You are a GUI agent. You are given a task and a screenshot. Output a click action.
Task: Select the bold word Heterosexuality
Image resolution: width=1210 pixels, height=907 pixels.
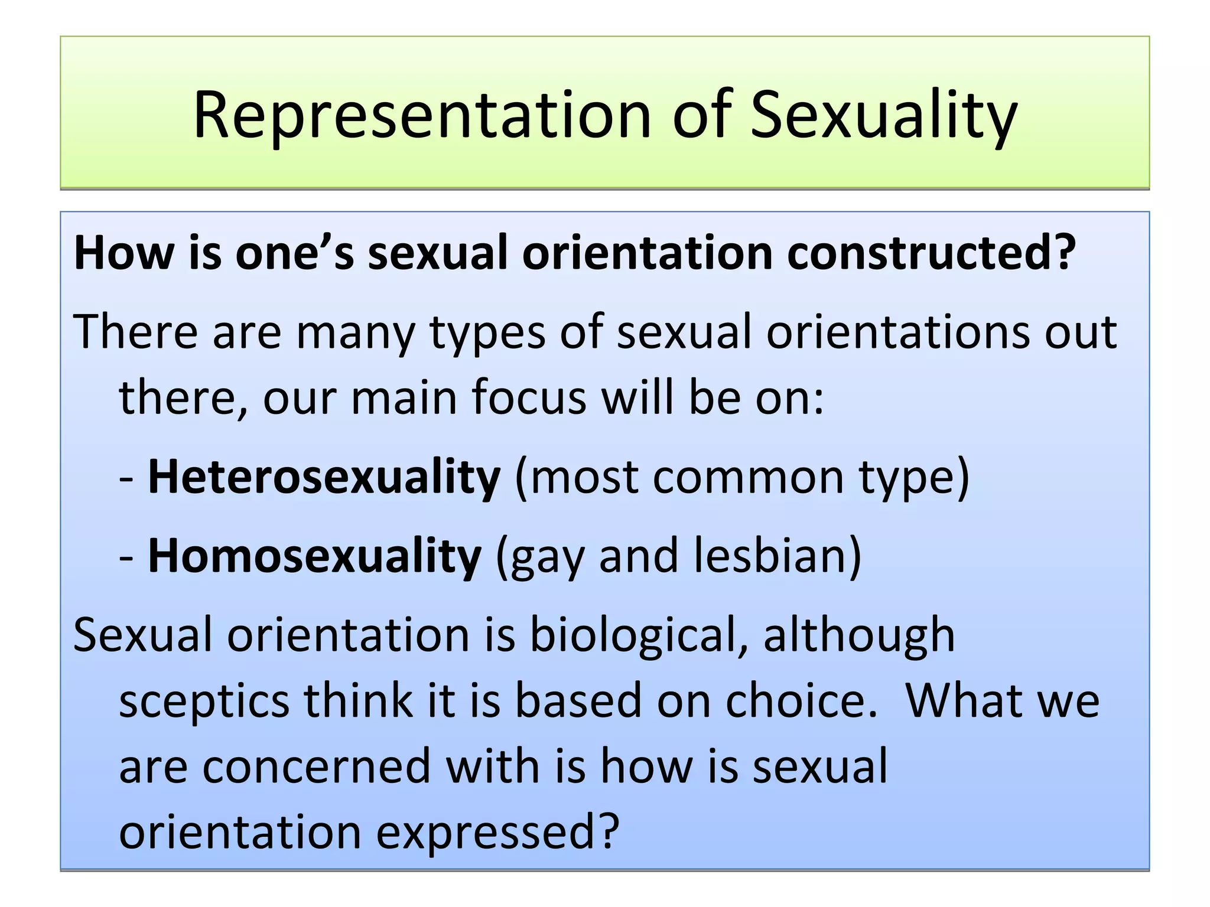324,477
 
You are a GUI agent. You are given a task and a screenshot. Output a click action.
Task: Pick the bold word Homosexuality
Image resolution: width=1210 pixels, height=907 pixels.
314,556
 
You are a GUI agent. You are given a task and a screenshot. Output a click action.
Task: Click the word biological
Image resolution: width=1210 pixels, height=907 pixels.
639,635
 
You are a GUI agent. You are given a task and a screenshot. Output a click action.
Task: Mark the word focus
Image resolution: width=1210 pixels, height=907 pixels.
529,398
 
